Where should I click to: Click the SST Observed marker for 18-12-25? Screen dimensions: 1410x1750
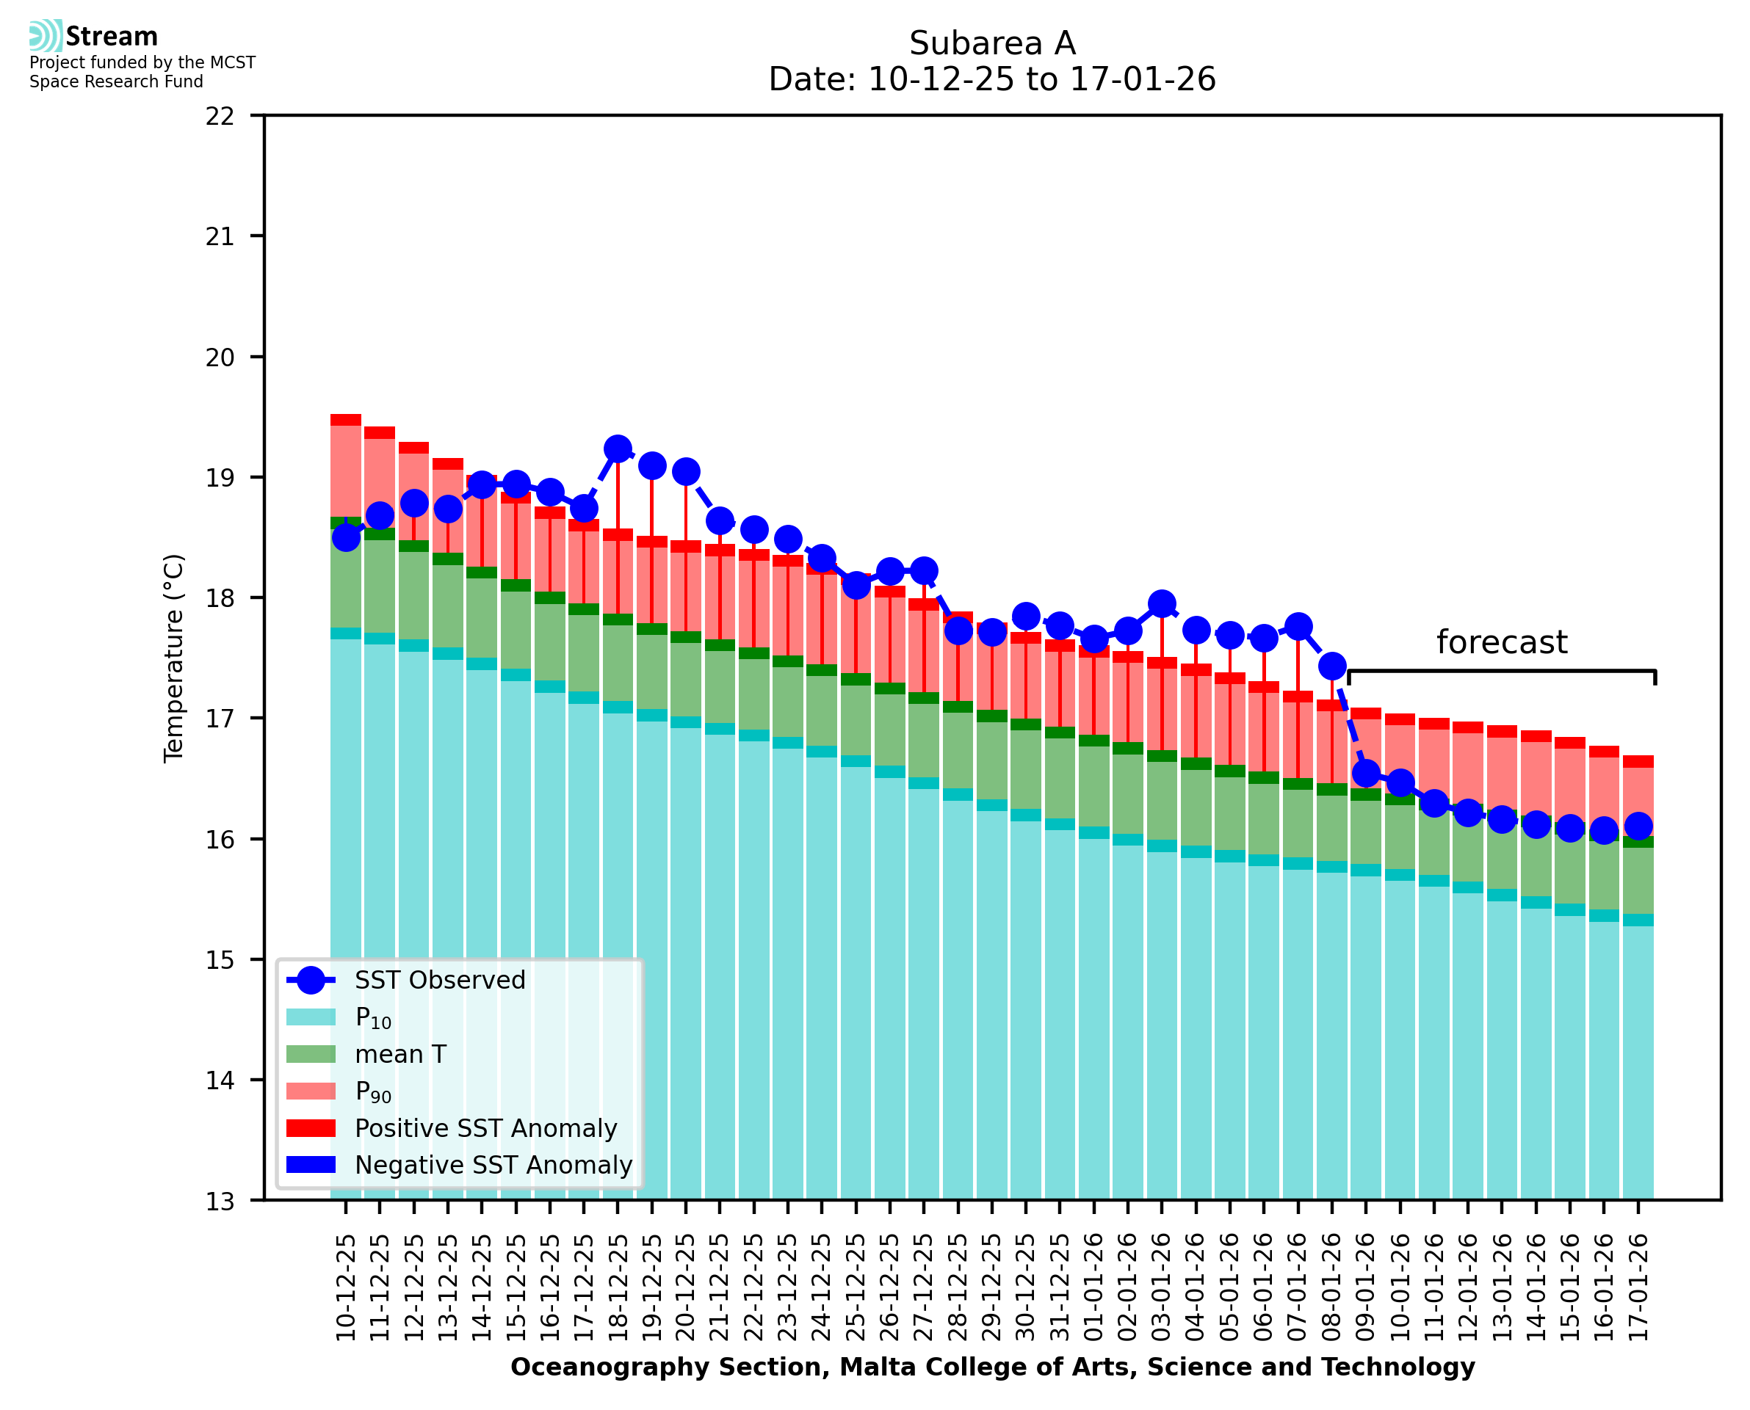click(x=618, y=448)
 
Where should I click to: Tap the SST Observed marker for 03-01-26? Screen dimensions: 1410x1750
click(x=1161, y=603)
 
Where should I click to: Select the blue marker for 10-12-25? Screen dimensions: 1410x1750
click(x=346, y=538)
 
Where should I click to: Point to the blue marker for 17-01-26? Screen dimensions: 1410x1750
click(x=1637, y=826)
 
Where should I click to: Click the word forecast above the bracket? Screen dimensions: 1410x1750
click(x=1500, y=642)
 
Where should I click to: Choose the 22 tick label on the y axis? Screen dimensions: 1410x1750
click(x=220, y=116)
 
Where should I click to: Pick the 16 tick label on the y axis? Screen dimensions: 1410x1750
click(x=220, y=840)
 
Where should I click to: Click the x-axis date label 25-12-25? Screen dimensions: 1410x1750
click(x=856, y=1287)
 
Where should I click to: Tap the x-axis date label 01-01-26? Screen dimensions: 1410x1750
click(x=1093, y=1287)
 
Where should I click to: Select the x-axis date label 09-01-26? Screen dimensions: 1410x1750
click(x=1366, y=1287)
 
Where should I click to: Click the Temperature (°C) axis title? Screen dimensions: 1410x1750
click(x=174, y=658)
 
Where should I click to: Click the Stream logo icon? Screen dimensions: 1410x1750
click(x=46, y=36)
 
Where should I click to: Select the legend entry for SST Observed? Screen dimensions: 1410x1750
click(x=438, y=981)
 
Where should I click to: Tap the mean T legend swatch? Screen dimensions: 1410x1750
click(x=311, y=1054)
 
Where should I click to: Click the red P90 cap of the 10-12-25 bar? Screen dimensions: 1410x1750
click(x=345, y=420)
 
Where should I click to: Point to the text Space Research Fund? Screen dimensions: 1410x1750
click(x=116, y=82)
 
